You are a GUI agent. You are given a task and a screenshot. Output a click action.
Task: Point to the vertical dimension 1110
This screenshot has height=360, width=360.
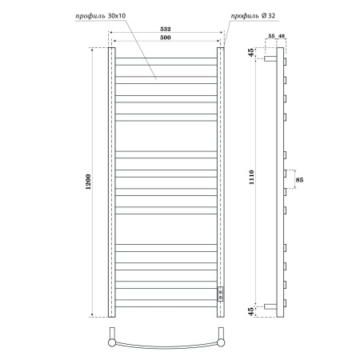coord(250,182)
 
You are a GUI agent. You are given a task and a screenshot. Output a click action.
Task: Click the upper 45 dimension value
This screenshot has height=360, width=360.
coord(250,54)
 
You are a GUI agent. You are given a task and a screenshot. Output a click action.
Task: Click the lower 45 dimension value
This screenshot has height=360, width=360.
coord(250,310)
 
